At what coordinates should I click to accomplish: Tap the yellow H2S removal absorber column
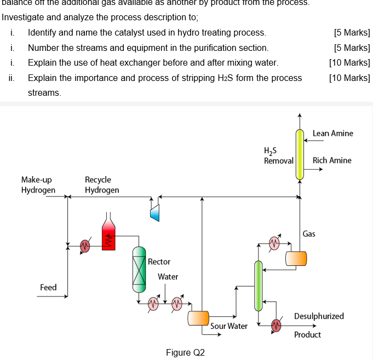[x=300, y=155]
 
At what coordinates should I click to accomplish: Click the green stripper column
[x=257, y=284]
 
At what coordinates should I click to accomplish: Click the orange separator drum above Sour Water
[x=198, y=317]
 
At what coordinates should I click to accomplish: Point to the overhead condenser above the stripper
[x=274, y=241]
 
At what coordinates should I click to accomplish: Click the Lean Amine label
[x=332, y=133]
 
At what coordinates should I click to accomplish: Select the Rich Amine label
[x=332, y=160]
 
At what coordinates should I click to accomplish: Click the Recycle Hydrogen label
[x=101, y=185]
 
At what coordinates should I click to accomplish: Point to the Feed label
[x=48, y=287]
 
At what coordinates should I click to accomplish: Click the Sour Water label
[x=229, y=326]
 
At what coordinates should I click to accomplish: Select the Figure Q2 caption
[x=185, y=352]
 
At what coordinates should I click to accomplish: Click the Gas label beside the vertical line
[x=309, y=234]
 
